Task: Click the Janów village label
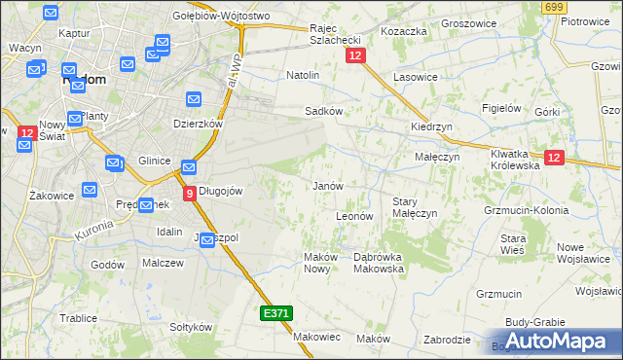coord(327,185)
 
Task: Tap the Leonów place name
coord(354,216)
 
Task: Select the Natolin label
coord(303,74)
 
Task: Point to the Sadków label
coord(323,111)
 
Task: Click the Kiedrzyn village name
coord(430,127)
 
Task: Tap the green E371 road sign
coord(275,313)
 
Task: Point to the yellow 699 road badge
coord(555,7)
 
